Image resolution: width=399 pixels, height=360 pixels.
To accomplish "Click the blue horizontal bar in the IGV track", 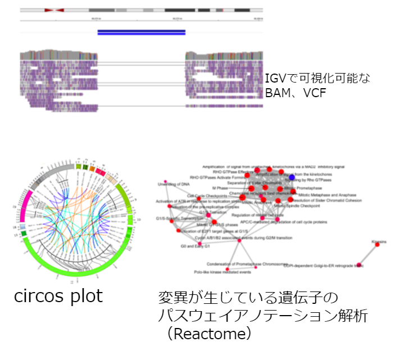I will pos(142,32).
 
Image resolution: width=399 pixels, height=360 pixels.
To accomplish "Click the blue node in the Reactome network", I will pos(291,177).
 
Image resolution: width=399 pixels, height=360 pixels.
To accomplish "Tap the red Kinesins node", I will pos(377,245).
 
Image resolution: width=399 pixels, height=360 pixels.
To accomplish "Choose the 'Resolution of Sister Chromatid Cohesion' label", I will pos(326,200).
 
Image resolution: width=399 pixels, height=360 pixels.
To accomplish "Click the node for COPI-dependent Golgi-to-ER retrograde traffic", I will pos(359,265).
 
